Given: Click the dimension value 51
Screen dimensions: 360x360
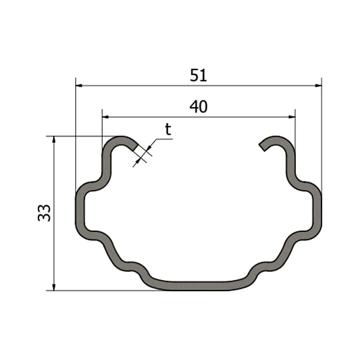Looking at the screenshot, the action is click(x=198, y=75).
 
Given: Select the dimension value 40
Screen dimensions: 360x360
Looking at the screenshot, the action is click(x=199, y=107).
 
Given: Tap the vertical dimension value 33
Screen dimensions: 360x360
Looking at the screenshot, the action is click(x=44, y=213).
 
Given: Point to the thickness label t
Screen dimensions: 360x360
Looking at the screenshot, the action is click(x=168, y=130).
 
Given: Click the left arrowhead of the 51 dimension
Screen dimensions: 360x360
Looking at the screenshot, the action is click(x=79, y=86).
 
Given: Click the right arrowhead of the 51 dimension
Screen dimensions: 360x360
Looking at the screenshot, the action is click(x=319, y=86).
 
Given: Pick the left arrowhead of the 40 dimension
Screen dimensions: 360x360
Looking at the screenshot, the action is click(x=105, y=117).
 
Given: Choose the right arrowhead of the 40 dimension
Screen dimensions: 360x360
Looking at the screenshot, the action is click(x=292, y=117).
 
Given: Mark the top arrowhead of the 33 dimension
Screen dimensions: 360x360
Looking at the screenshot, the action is click(x=54, y=140).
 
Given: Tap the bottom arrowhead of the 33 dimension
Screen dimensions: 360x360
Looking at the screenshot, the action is click(x=54, y=287).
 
